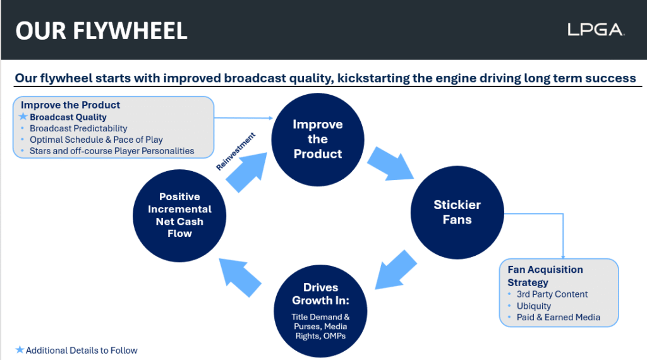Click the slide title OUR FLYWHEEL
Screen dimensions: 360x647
point(101,30)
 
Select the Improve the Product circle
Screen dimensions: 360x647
point(317,139)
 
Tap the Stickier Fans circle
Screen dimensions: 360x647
point(457,212)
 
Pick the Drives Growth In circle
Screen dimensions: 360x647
point(320,306)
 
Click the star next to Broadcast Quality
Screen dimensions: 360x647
point(23,117)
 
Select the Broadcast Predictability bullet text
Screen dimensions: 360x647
point(78,128)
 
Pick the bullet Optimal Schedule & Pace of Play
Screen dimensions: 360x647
point(96,140)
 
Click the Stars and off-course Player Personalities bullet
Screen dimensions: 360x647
point(112,151)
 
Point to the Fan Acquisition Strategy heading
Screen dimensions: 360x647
point(545,276)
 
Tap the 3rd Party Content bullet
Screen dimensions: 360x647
point(552,294)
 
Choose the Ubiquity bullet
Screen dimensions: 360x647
point(534,306)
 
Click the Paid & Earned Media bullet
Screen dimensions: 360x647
point(559,317)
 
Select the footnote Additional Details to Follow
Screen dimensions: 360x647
point(82,350)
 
